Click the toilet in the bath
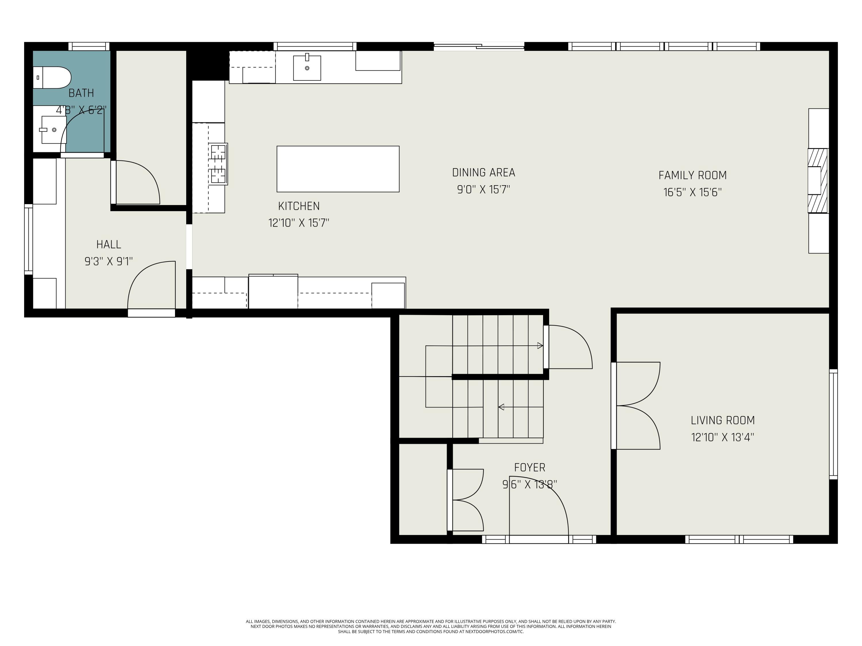pyautogui.click(x=53, y=78)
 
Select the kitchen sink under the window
pyautogui.click(x=307, y=68)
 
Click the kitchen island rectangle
pyautogui.click(x=338, y=169)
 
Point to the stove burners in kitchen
pyautogui.click(x=218, y=164)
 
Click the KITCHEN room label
pyautogui.click(x=299, y=206)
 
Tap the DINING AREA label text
pyautogui.click(x=483, y=173)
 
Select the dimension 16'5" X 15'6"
pyautogui.click(x=692, y=192)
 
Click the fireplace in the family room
pyautogui.click(x=817, y=181)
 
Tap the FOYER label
pyautogui.click(x=530, y=467)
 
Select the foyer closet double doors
pyautogui.click(x=467, y=500)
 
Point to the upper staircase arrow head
pyautogui.click(x=540, y=345)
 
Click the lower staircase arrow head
pyautogui.click(x=501, y=407)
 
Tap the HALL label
pyautogui.click(x=109, y=245)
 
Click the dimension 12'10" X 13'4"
pyautogui.click(x=722, y=437)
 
